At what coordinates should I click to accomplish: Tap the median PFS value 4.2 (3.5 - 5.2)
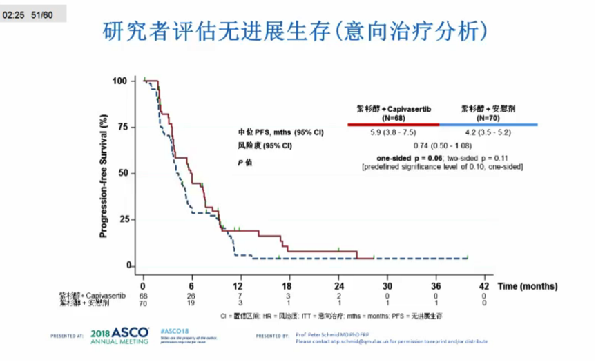click(488, 132)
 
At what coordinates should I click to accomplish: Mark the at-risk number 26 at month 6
click(191, 296)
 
